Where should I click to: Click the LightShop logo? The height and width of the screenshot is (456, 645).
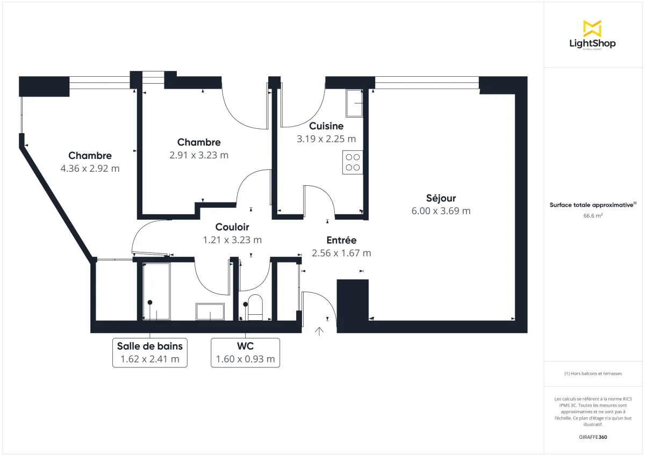[x=592, y=35]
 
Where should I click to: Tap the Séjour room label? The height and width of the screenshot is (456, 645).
[x=441, y=198]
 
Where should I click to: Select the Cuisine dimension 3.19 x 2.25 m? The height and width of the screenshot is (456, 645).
[x=326, y=139]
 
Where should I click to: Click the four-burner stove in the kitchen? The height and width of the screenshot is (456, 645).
[x=353, y=162]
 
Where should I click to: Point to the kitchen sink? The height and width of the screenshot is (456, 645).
[x=354, y=103]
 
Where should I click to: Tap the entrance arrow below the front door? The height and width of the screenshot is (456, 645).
[x=319, y=331]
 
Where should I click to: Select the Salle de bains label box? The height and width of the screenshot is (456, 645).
[x=150, y=352]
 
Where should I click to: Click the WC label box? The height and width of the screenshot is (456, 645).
[x=245, y=352]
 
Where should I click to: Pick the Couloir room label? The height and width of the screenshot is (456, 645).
[x=232, y=227]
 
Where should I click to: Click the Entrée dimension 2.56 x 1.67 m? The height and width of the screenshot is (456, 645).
[x=341, y=253]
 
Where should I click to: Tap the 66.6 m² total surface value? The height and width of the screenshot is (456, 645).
[x=593, y=215]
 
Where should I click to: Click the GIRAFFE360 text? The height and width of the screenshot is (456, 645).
[x=593, y=437]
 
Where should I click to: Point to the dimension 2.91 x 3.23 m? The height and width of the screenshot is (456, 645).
[x=199, y=155]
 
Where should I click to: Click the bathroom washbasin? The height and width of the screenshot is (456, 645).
[x=210, y=311]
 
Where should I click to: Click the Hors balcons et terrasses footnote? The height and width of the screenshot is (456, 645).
[x=593, y=373]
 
